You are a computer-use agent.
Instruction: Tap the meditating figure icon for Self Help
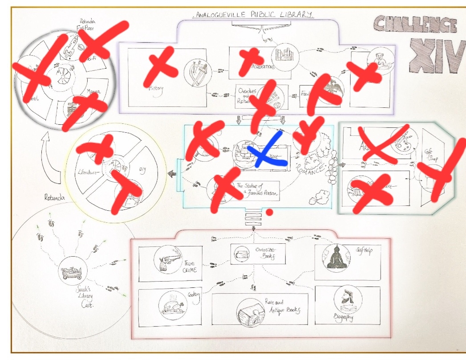tap(336, 257)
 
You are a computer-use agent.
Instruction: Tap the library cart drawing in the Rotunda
tap(72, 270)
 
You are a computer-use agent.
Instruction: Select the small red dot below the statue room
tap(269, 213)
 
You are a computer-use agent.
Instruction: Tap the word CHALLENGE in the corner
tap(414, 24)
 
